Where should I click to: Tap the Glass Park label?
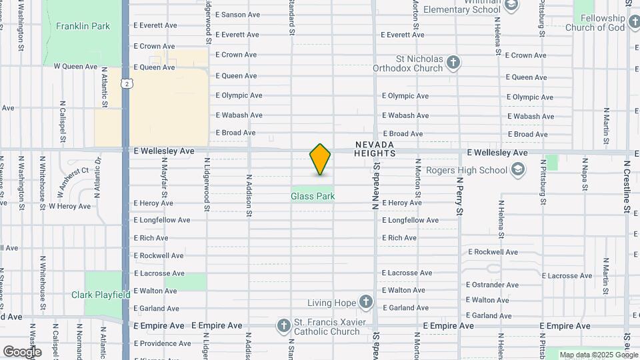coord(313,196)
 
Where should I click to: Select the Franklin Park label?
coord(83,26)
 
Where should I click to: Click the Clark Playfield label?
coord(101,295)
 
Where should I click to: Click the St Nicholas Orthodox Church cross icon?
coord(453,63)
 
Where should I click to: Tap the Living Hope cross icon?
coord(366,303)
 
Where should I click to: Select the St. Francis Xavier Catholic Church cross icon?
coord(283,326)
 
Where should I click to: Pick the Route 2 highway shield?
coord(125,83)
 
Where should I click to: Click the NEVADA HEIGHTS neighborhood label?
coord(375,149)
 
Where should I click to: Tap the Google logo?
coord(22,351)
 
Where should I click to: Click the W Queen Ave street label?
coord(76,67)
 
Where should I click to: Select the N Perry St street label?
coord(459,196)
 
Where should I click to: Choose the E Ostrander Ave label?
coord(493,285)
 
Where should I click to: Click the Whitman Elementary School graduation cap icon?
coord(511,7)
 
